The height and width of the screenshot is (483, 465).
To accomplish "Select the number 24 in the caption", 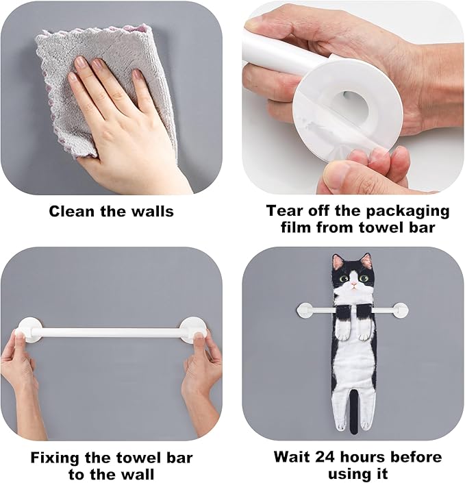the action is (x=326, y=457).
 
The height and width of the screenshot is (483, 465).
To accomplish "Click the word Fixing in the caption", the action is (x=55, y=458).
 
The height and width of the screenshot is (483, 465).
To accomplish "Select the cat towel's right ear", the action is (x=366, y=260).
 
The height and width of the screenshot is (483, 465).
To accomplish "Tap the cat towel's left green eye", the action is (x=344, y=279).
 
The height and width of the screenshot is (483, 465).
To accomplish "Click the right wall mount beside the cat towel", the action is (x=401, y=310).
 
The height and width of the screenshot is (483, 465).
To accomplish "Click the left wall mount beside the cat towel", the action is (x=305, y=310).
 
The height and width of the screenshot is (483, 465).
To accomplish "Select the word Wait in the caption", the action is (x=292, y=457).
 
